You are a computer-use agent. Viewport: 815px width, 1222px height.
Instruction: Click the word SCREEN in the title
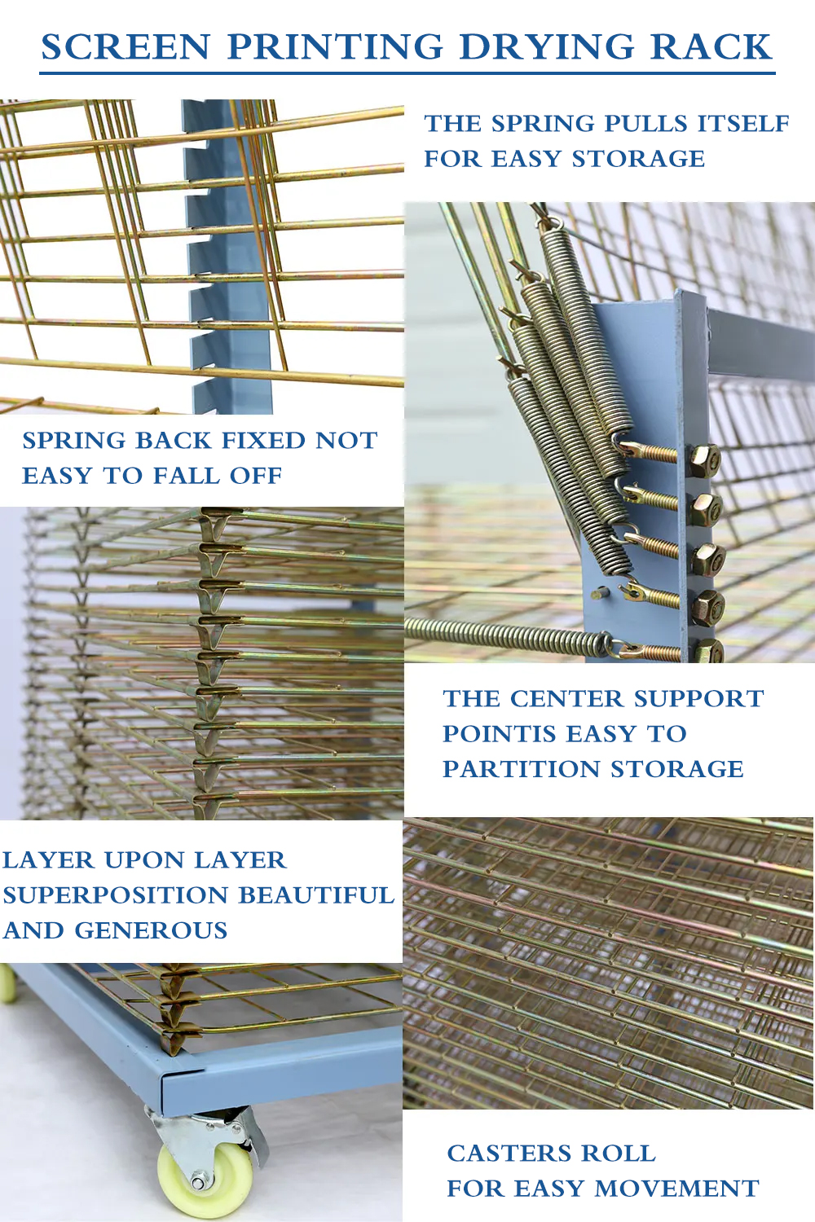coord(126,47)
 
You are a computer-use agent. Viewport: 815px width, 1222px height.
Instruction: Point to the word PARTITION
coord(519,769)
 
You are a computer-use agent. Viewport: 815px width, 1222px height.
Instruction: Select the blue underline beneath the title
coord(407,73)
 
